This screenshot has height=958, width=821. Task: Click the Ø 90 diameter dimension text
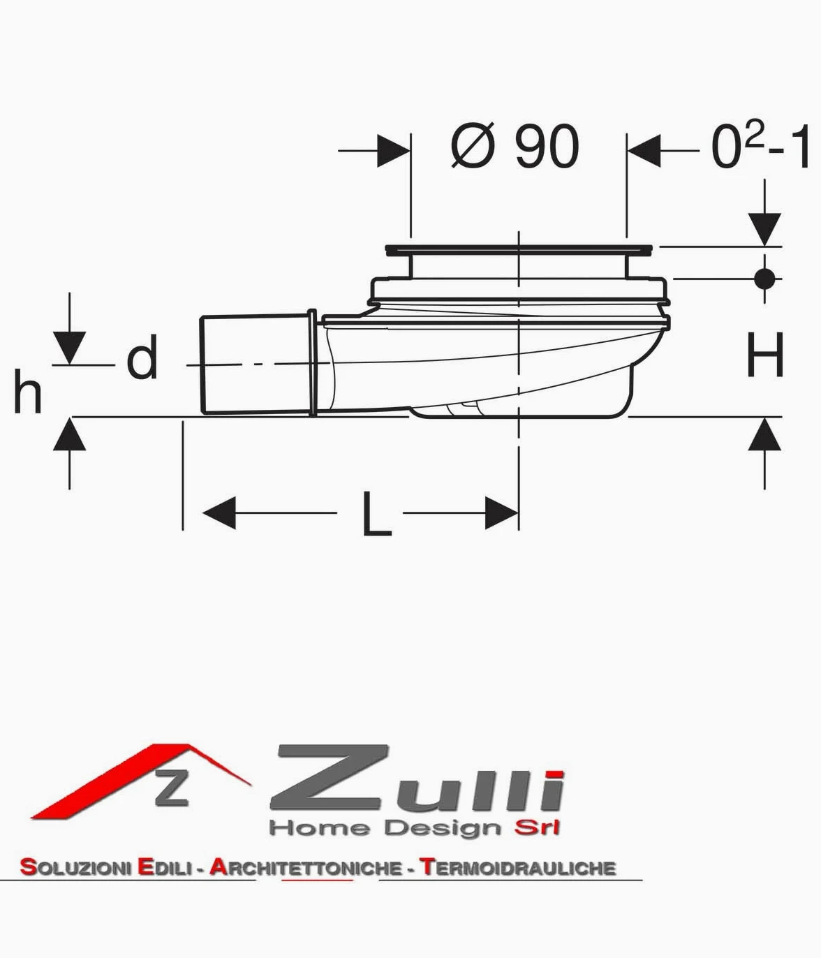(515, 146)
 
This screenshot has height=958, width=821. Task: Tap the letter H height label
(765, 355)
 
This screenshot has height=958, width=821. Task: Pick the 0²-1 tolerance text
(760, 146)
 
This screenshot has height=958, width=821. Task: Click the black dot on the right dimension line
(764, 279)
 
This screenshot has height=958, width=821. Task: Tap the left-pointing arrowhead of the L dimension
(219, 513)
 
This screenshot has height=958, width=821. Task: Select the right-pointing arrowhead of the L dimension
(502, 513)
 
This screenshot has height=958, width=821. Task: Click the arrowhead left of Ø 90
(394, 151)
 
